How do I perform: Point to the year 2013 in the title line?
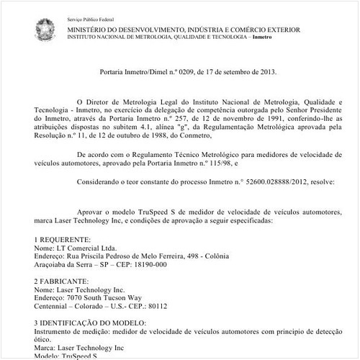tap(263, 72)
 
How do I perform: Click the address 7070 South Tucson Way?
tap(110, 297)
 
